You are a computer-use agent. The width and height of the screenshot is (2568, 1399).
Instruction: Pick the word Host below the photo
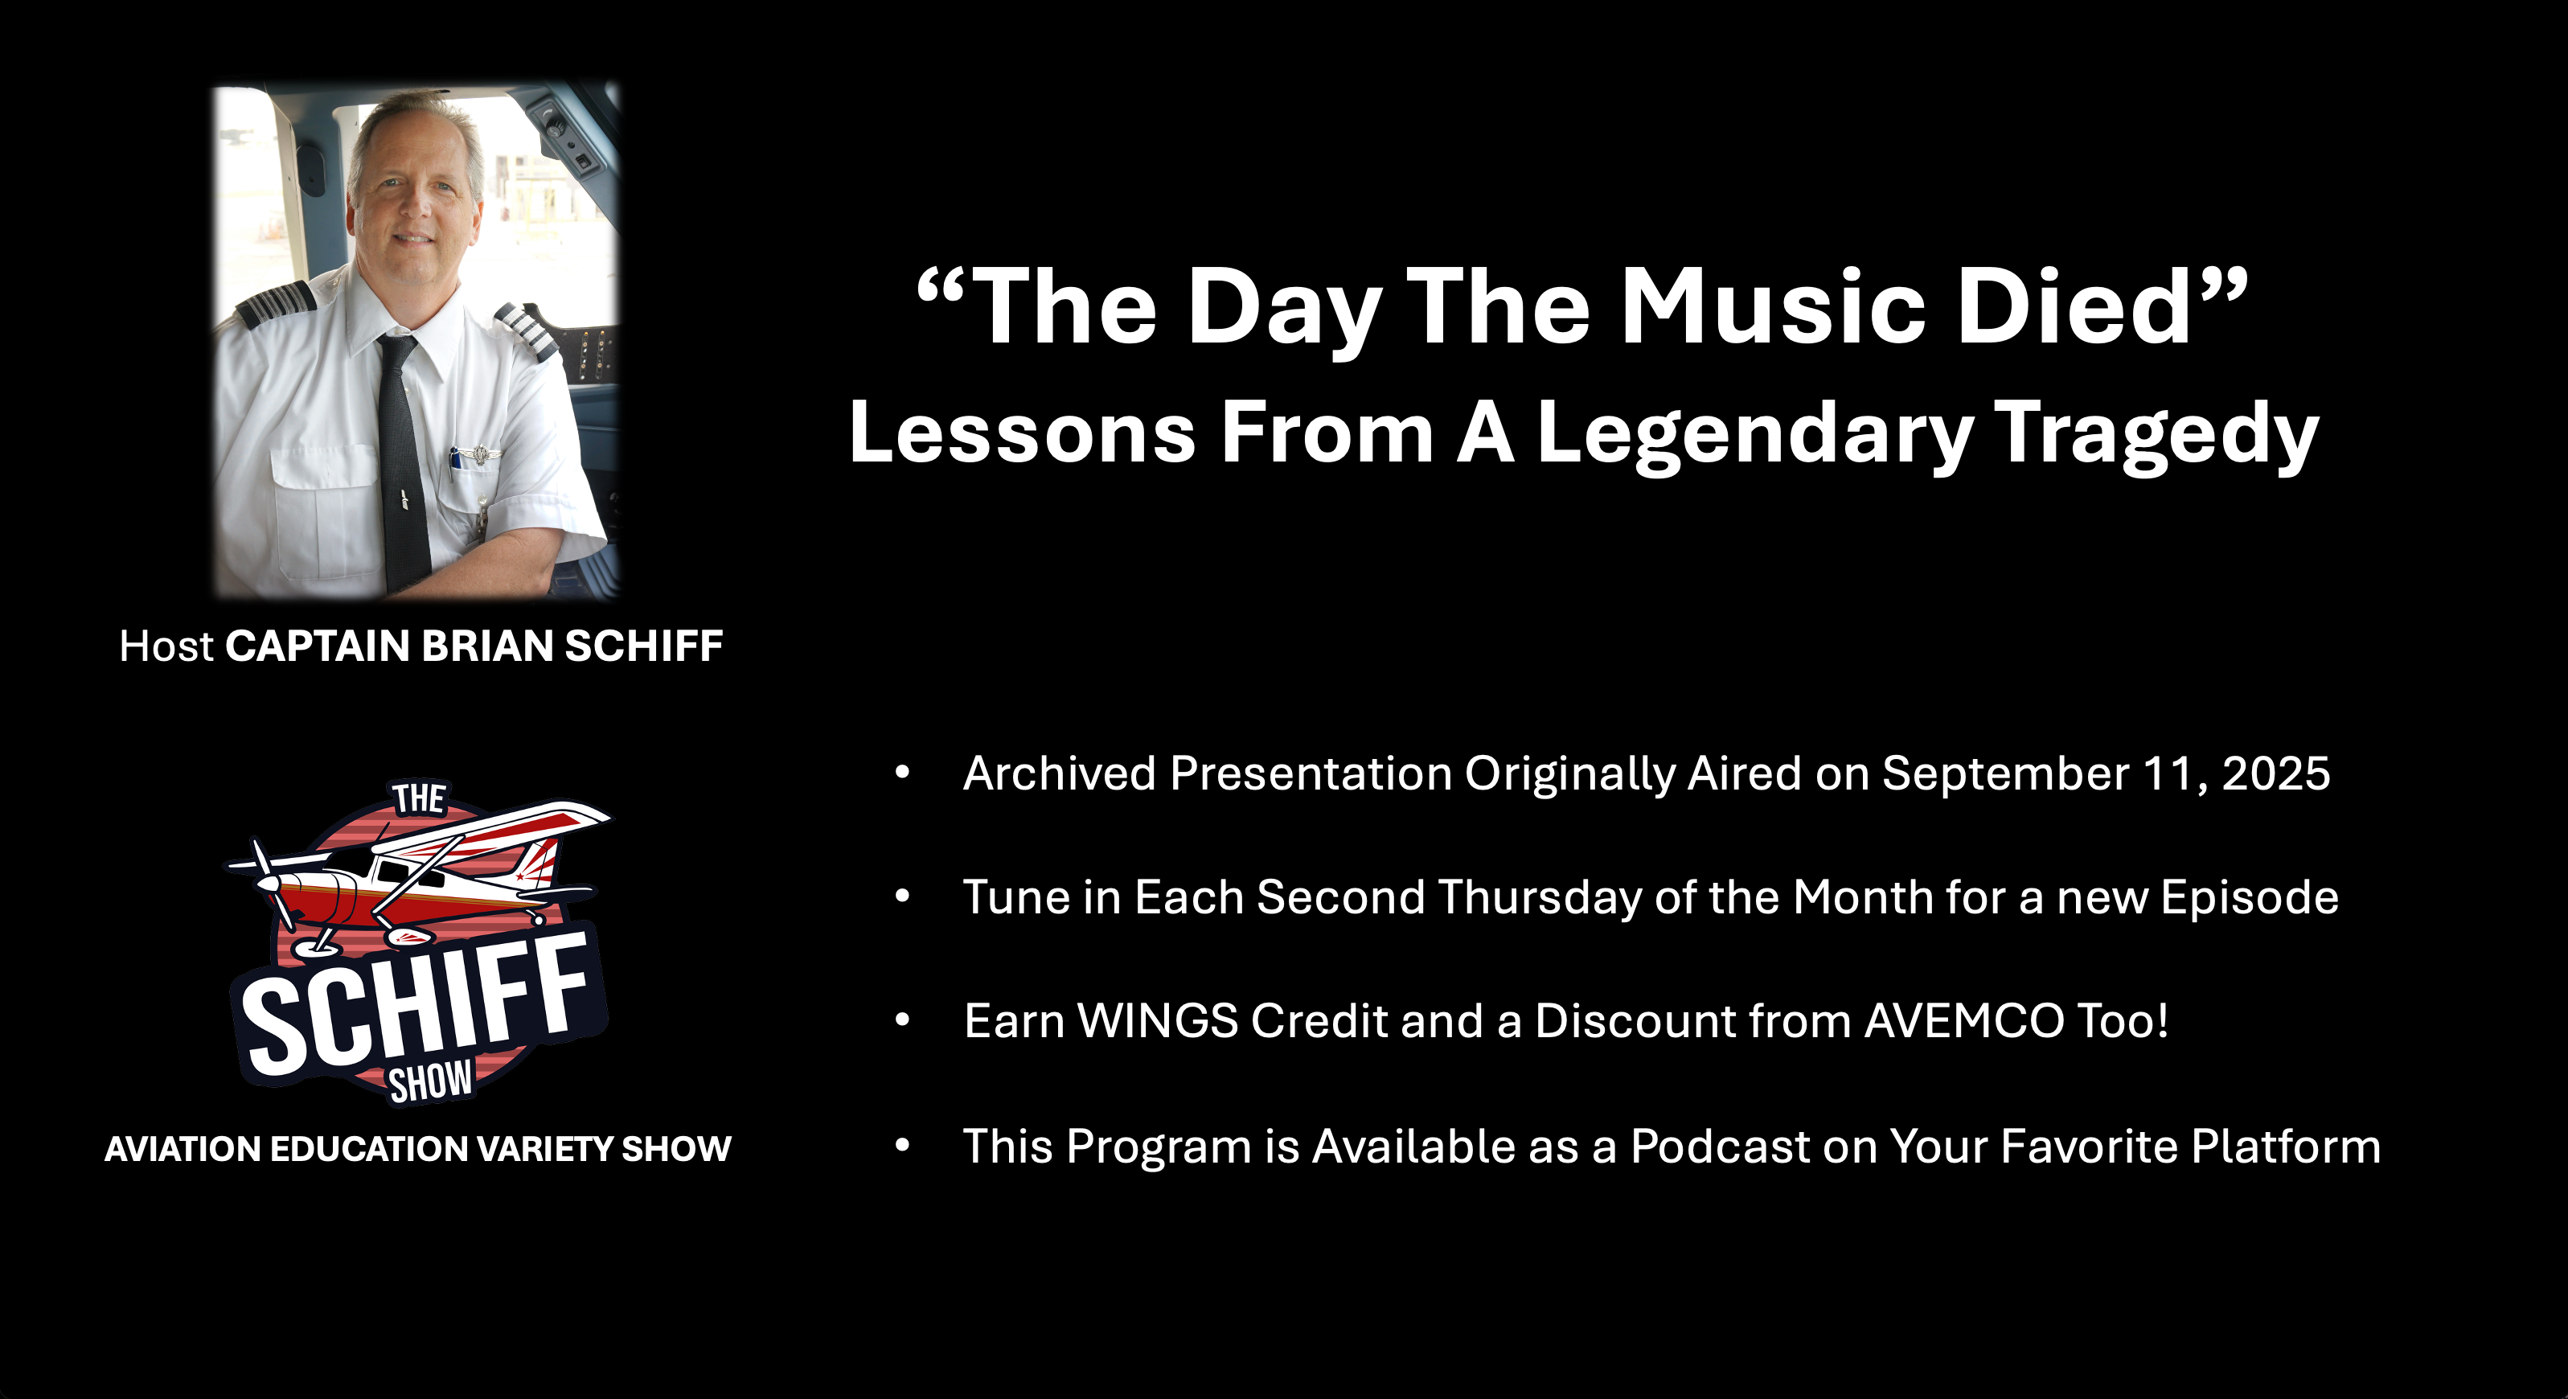tap(166, 646)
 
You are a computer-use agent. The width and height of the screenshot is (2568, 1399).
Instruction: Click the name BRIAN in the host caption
tap(487, 646)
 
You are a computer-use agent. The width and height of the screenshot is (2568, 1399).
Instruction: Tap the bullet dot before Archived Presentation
tap(903, 773)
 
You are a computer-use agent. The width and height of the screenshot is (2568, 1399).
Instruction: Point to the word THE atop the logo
tap(419, 798)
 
